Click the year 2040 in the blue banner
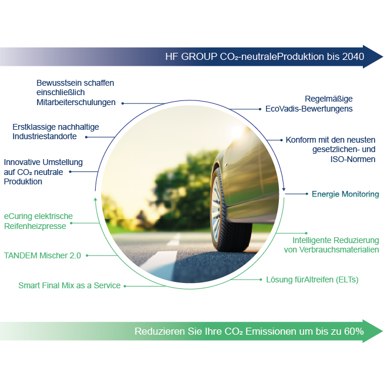[353, 57]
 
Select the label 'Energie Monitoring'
[345, 194]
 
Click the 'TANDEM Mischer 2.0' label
[42, 256]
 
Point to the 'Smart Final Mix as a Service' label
[69, 285]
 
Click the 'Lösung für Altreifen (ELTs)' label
[312, 279]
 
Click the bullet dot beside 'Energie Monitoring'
[306, 194]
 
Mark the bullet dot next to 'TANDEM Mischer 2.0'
[87, 255]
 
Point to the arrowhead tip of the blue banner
[382, 56]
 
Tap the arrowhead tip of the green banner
[382, 331]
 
